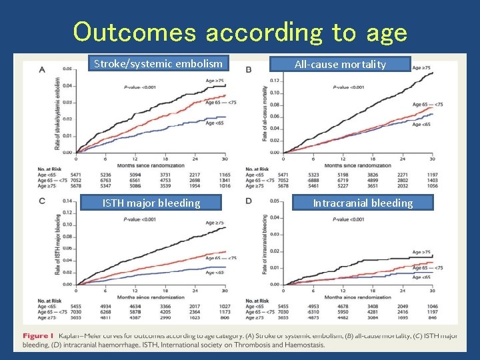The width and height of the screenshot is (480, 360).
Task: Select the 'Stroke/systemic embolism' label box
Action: coord(159,64)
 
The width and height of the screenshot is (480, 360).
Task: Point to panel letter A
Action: coord(42,70)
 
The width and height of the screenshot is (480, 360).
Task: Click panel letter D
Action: coord(249,201)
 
